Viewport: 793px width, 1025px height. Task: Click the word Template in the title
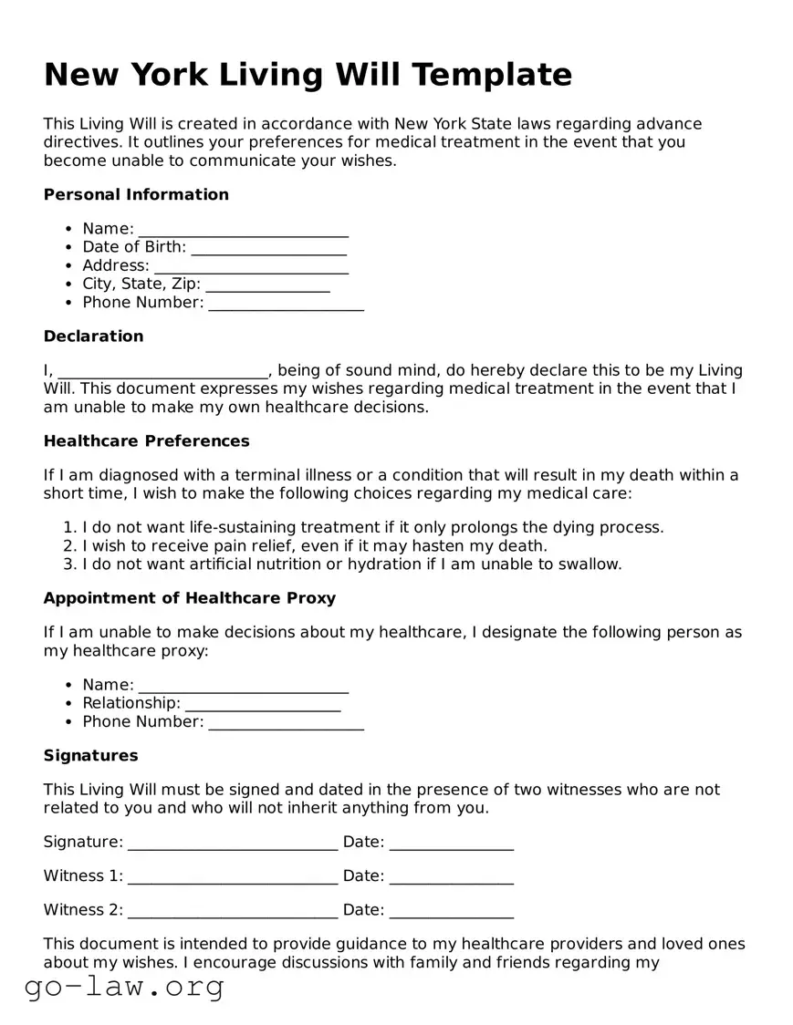(x=491, y=74)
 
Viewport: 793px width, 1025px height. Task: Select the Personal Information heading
(x=136, y=194)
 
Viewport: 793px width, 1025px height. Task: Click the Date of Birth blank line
(x=269, y=248)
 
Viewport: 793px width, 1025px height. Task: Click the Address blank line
(x=251, y=266)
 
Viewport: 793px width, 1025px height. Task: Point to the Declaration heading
(x=93, y=336)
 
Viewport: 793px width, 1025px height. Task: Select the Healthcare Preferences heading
(x=146, y=441)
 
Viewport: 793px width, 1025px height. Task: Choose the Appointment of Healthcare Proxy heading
(x=190, y=598)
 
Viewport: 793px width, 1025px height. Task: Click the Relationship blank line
(x=263, y=704)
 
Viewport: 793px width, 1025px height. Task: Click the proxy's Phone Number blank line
(x=286, y=722)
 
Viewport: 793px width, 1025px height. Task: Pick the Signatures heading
(x=90, y=756)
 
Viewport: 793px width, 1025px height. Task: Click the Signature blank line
(x=233, y=843)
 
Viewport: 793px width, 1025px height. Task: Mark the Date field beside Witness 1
(x=451, y=877)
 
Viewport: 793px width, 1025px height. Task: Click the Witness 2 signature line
(x=233, y=911)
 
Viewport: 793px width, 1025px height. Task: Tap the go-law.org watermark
(x=124, y=987)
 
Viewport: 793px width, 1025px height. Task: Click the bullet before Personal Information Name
(x=69, y=230)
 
